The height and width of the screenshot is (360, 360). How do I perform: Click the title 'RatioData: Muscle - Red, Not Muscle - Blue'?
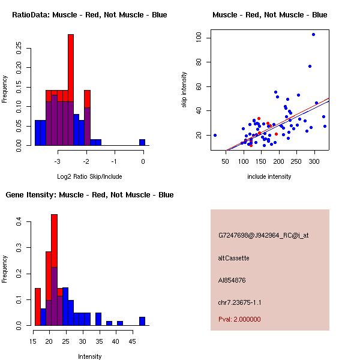click(x=89, y=14)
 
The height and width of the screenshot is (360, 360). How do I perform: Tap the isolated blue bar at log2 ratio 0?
click(x=142, y=142)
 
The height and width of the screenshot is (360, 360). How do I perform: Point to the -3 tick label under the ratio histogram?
click(x=58, y=161)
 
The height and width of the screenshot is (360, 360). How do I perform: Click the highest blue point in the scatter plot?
click(x=313, y=34)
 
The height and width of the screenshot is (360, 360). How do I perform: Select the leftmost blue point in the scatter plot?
click(x=215, y=135)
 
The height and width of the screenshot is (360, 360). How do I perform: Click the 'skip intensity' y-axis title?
click(x=184, y=90)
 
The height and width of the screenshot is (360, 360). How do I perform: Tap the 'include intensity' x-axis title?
click(x=269, y=176)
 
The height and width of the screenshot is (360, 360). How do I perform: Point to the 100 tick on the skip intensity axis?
click(x=198, y=38)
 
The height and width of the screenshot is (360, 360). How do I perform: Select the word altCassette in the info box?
click(x=233, y=258)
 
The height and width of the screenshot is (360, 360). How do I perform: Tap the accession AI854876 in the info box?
click(x=232, y=280)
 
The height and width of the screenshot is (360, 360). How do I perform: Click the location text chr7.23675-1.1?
click(x=239, y=302)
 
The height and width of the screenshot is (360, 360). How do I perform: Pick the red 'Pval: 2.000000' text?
click(x=239, y=319)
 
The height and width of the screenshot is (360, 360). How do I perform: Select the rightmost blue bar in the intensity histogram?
click(x=142, y=321)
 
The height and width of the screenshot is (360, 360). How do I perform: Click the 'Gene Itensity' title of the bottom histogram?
click(x=89, y=194)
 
